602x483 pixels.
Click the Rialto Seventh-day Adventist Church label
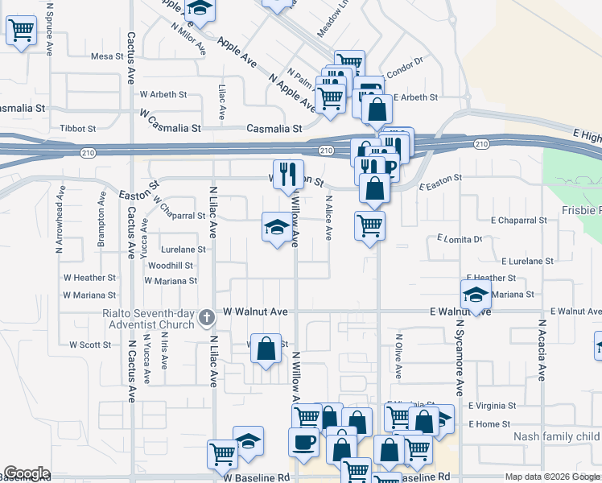(148, 319)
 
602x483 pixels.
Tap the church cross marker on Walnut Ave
(207, 316)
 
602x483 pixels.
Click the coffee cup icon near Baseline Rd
(303, 442)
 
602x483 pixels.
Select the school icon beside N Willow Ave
(276, 229)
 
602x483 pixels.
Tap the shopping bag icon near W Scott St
(266, 349)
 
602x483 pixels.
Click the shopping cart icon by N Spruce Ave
(22, 32)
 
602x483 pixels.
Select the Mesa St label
(105, 56)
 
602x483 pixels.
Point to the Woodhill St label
(171, 265)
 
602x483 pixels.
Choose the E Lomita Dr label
(459, 239)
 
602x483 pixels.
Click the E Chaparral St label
(518, 220)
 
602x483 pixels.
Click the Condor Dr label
(406, 70)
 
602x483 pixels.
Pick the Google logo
(27, 473)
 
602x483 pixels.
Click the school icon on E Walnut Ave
(476, 295)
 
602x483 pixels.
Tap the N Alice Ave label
(328, 217)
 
